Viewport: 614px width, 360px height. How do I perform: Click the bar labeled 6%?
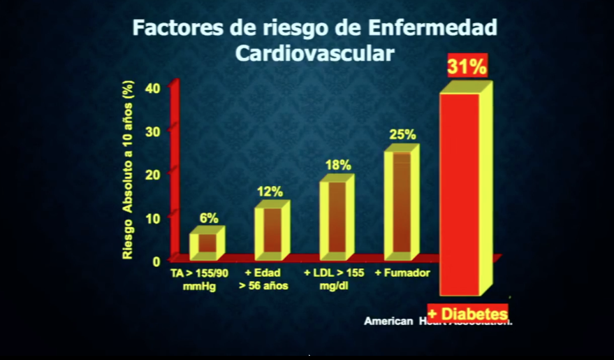tap(207, 243)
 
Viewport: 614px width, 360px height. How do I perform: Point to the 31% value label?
tap(467, 67)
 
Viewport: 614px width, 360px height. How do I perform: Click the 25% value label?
tap(402, 134)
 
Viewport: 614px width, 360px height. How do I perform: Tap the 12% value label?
tap(270, 192)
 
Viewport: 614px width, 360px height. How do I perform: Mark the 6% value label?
tap(209, 217)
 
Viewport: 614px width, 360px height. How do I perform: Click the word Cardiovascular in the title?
tap(314, 53)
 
